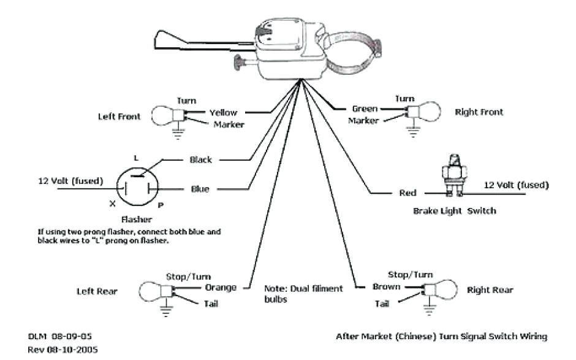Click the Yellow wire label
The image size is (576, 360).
(x=223, y=112)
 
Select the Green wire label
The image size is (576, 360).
(x=365, y=109)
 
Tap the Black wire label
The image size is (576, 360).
(x=200, y=159)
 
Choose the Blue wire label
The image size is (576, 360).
(x=200, y=189)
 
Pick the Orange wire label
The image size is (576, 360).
(x=221, y=287)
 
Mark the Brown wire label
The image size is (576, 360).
(x=387, y=286)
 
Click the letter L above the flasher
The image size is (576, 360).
(x=136, y=158)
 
